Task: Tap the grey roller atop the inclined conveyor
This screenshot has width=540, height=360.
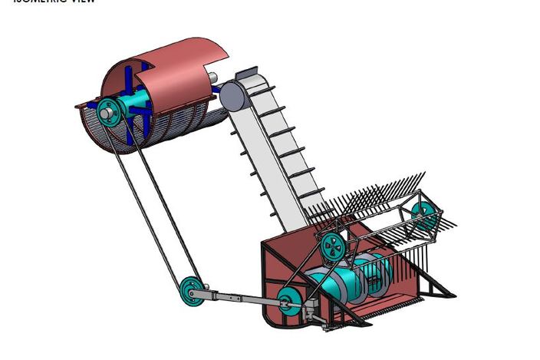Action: [232, 97]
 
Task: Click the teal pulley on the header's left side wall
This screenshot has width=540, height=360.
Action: [289, 302]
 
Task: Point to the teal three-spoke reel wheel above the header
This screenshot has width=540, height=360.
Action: [333, 245]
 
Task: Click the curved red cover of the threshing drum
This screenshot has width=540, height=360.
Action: [180, 65]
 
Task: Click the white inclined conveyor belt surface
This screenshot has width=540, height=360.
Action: [276, 154]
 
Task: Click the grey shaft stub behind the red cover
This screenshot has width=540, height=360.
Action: [213, 78]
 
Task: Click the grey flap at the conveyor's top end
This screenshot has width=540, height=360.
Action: [245, 74]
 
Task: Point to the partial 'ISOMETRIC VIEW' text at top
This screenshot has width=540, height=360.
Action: [54, 2]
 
